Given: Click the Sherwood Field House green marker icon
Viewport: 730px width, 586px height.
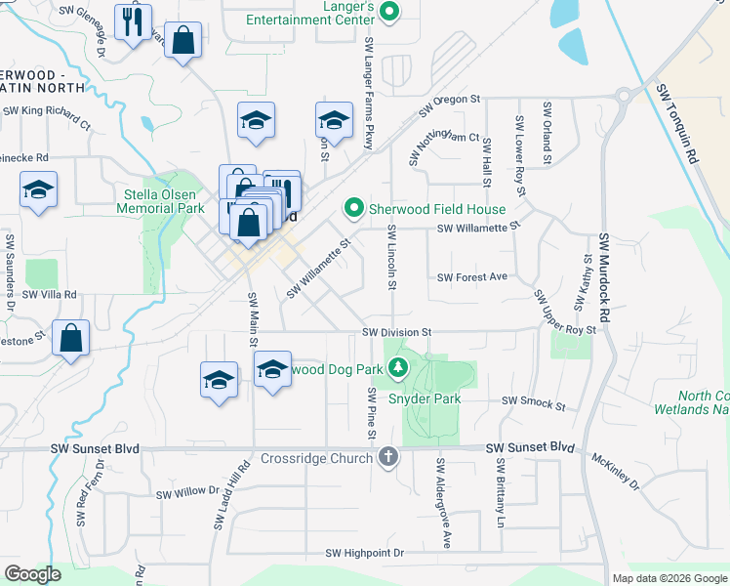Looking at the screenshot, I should click(353, 208).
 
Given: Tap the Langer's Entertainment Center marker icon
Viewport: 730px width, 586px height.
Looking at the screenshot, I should click(389, 13).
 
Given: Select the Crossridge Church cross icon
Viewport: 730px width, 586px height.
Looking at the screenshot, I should click(388, 456).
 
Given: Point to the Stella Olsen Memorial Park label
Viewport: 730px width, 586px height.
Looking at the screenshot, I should click(160, 200).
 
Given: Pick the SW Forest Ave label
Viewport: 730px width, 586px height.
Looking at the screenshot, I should click(472, 277).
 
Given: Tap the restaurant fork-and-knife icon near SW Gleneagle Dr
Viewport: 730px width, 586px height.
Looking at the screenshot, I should click(133, 21).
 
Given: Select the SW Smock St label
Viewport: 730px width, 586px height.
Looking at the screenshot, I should click(533, 401).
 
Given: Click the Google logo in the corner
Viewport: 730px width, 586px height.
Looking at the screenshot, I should click(32, 574).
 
